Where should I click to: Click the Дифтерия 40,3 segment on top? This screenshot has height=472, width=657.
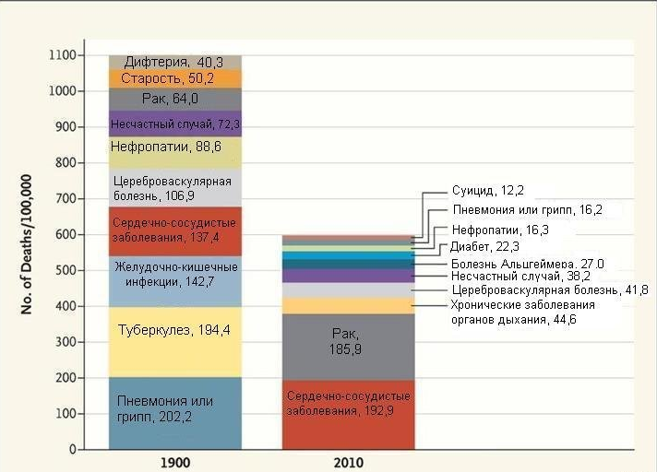pos(174,62)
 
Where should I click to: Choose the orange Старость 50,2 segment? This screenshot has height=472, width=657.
pos(174,79)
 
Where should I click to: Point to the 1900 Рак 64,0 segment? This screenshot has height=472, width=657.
pos(174,100)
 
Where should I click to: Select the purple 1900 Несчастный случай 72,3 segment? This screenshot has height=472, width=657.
pos(174,124)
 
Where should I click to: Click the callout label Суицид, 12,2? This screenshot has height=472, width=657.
pos(488,191)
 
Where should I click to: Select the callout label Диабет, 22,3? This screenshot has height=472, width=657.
pos(485,246)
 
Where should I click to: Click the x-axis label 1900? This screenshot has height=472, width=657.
pos(174,461)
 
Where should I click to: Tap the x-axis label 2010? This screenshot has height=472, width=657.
pos(348,461)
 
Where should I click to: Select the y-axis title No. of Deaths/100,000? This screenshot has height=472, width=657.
pos(28,242)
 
